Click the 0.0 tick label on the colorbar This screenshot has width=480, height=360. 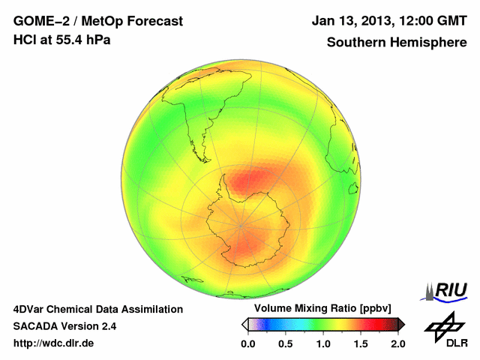248,343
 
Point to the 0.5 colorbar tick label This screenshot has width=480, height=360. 286,343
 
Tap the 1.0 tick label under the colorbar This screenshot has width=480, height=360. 323,343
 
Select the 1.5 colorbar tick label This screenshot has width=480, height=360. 361,343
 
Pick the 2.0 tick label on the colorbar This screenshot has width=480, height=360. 397,343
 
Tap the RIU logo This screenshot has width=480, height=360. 449,289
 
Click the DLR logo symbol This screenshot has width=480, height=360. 445,326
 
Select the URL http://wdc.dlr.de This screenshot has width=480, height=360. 54,343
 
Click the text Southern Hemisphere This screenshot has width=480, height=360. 397,43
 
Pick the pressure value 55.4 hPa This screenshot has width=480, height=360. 83,39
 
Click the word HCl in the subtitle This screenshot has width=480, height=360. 24,39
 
